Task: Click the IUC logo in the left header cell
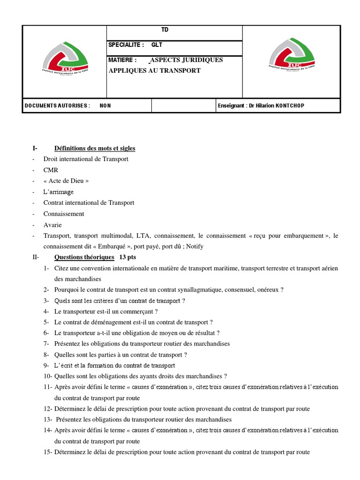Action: point(64,61)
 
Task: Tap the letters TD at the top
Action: point(165,30)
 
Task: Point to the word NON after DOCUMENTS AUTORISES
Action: point(105,105)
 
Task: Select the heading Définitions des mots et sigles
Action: point(95,148)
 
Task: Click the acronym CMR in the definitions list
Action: point(51,170)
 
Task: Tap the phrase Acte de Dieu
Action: point(66,181)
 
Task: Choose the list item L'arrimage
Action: point(59,192)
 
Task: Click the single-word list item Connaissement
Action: point(64,214)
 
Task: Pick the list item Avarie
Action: point(52,225)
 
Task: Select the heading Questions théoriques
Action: point(84,257)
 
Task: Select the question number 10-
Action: point(48,376)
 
